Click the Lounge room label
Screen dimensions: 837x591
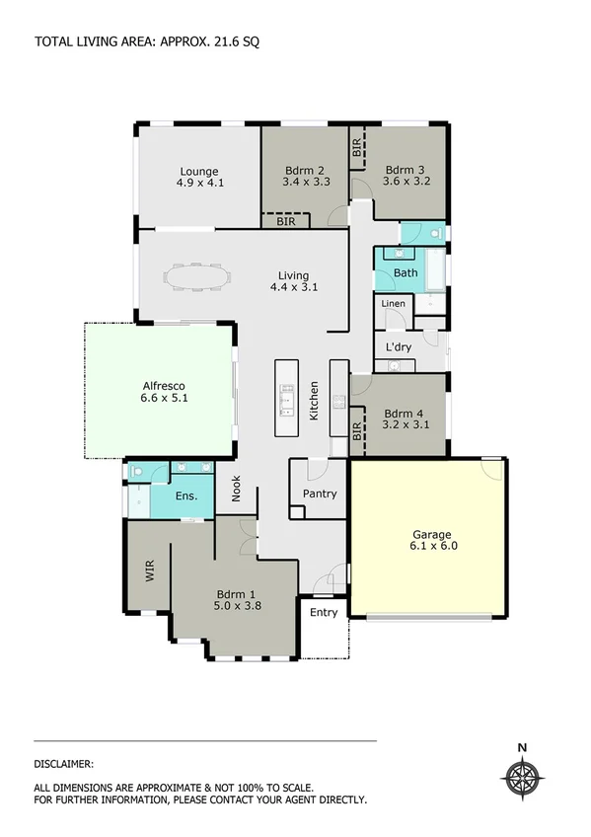coord(198,171)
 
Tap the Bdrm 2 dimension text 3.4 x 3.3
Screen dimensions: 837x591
coord(305,183)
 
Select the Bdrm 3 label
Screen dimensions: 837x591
coord(405,169)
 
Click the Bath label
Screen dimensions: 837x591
coord(405,272)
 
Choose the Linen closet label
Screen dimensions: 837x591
coord(393,304)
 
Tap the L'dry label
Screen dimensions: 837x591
coord(399,347)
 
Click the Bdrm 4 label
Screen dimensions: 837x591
coord(404,414)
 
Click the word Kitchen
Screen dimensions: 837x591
coord(315,402)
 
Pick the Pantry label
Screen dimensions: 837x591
coord(320,494)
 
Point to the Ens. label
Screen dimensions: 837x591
coord(186,496)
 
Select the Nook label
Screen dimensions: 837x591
coord(237,491)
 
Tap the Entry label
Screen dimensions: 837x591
coord(324,612)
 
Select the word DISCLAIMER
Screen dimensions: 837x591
coord(64,763)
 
